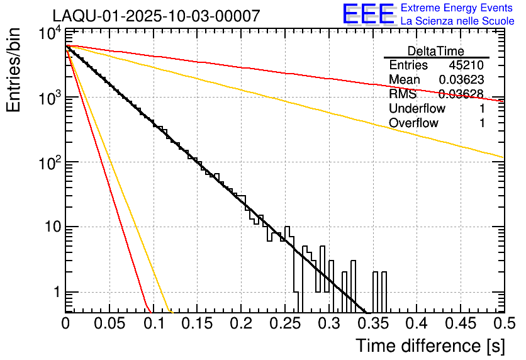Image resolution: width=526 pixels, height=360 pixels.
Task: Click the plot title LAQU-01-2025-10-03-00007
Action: [155, 16]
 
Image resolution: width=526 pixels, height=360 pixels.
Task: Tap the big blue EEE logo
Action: [368, 15]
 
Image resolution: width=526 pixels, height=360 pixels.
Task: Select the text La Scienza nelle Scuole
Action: [457, 21]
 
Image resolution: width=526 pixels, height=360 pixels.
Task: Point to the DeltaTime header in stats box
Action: [436, 51]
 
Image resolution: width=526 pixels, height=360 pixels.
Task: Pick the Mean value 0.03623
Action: [461, 80]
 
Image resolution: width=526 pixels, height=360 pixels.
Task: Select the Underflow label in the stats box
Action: [417, 109]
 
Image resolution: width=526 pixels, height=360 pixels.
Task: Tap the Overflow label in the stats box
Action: [414, 123]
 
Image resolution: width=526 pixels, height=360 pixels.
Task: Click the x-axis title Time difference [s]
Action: [429, 346]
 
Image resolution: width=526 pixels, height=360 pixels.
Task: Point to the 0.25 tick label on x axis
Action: [284, 323]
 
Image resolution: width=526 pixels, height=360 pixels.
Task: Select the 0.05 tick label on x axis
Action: [109, 323]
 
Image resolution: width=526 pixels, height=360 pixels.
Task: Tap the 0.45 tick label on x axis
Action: [459, 323]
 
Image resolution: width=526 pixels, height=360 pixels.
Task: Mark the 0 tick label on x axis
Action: [65, 323]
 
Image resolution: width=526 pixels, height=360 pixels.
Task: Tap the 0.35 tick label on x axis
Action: [372, 323]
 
